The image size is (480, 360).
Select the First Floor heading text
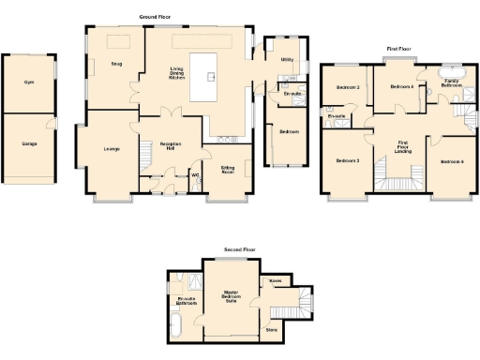click(x=399, y=47)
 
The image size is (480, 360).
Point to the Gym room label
click(x=29, y=82)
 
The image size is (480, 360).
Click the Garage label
click(x=30, y=143)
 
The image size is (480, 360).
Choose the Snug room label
click(x=116, y=64)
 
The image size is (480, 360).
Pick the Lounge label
click(x=111, y=148)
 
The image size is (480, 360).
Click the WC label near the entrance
click(x=196, y=174)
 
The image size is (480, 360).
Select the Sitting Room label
click(x=228, y=170)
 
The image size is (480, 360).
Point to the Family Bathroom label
click(x=452, y=83)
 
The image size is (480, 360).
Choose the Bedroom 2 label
click(x=349, y=87)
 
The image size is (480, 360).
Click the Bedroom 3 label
click(x=348, y=161)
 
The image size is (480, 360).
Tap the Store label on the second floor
click(x=272, y=329)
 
